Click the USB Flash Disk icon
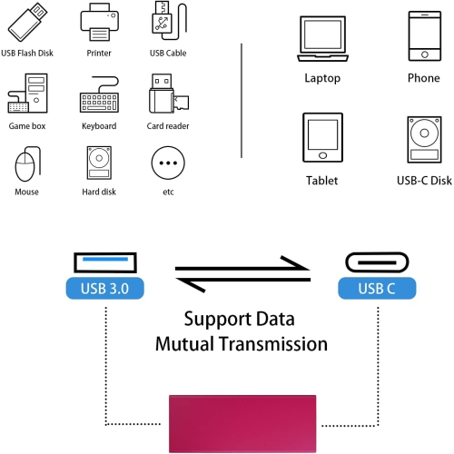click(x=26, y=22)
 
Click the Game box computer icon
click(x=26, y=94)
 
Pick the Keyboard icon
click(x=98, y=95)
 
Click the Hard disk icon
click(x=98, y=163)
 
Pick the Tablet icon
click(x=322, y=138)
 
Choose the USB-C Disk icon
click(x=423, y=138)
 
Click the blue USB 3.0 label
click(x=105, y=289)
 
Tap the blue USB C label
click(x=377, y=289)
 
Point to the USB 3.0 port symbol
click(x=105, y=264)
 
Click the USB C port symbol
click(x=377, y=264)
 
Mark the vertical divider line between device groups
click(x=242, y=100)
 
